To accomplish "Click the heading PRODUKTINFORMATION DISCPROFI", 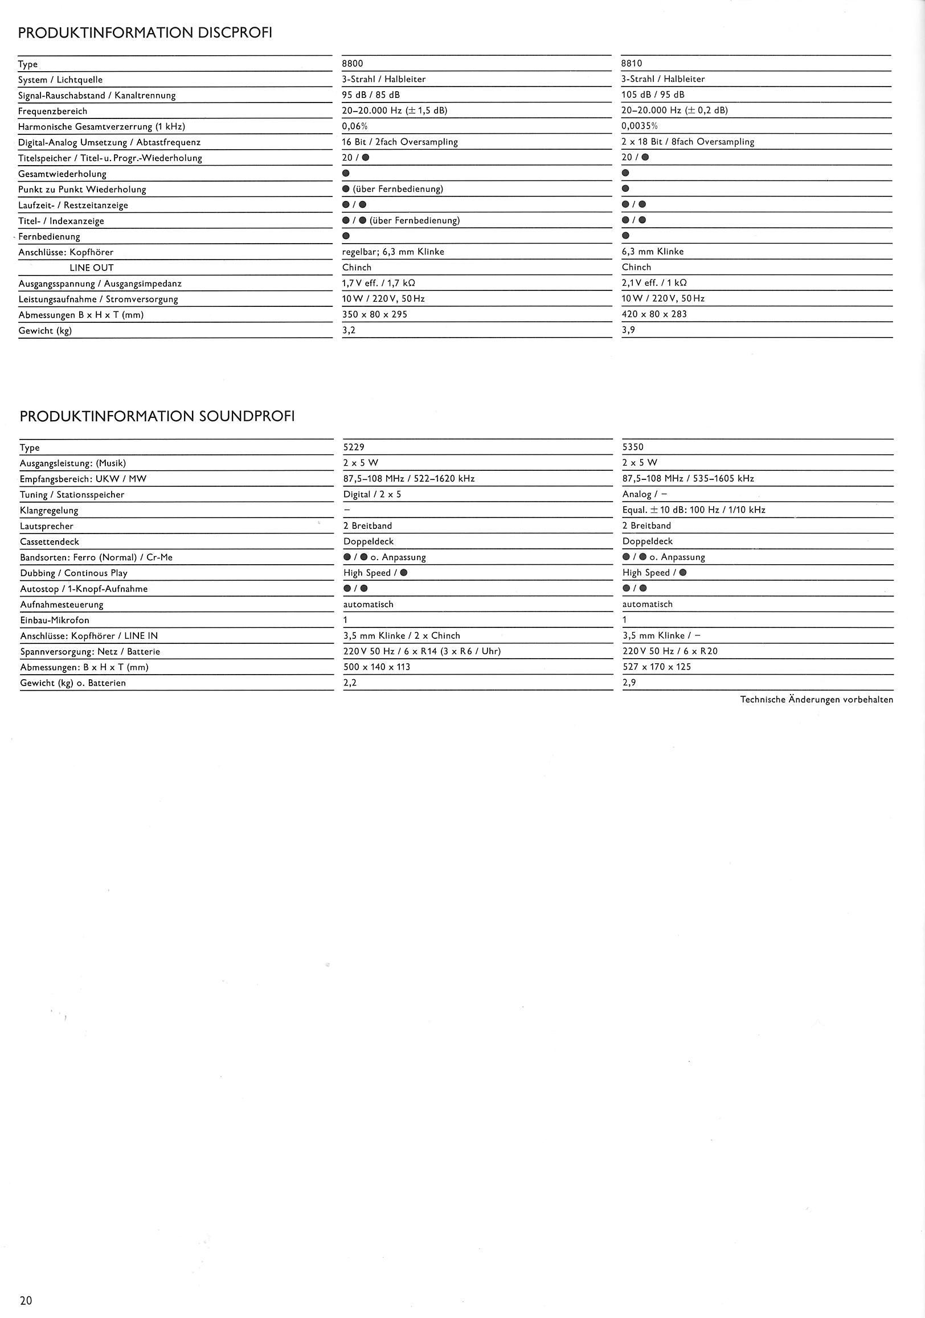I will point(145,33).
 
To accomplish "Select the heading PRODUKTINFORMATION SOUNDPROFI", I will point(157,417).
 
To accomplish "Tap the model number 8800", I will point(353,64).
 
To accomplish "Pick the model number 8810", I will point(632,64).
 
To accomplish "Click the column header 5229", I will point(354,447).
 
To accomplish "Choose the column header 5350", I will point(633,447).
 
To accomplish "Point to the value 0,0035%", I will point(640,126).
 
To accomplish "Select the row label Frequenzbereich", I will point(53,112).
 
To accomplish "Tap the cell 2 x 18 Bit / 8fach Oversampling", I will point(687,142).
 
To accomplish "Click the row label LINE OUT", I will point(91,268).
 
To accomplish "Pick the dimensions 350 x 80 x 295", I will point(374,315).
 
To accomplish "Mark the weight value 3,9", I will point(628,330).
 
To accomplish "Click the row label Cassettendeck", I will point(50,542).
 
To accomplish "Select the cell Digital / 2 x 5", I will point(372,494).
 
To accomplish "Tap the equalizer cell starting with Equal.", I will point(694,510).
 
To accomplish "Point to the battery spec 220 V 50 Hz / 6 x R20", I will point(669,651).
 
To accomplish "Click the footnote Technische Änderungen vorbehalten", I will point(816,699).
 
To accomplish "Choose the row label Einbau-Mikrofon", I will point(55,621).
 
